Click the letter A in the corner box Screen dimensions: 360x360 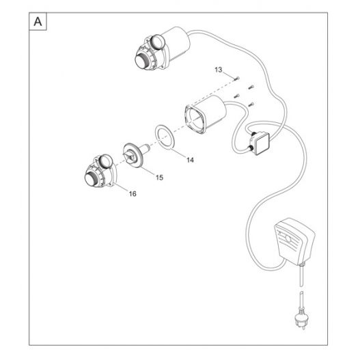click(x=38, y=22)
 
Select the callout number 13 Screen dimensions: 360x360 click(x=219, y=70)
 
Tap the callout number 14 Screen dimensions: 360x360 click(x=190, y=160)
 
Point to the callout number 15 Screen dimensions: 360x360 click(x=159, y=178)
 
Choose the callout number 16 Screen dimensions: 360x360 click(x=133, y=194)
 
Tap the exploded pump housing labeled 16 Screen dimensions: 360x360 click(x=100, y=171)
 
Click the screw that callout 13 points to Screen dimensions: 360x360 click(x=237, y=79)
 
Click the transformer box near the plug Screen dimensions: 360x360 click(x=295, y=241)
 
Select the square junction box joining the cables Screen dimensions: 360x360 click(x=259, y=143)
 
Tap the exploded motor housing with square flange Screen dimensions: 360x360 click(x=205, y=114)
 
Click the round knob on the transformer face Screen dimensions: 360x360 click(x=288, y=239)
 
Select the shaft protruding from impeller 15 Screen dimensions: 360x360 click(x=145, y=149)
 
